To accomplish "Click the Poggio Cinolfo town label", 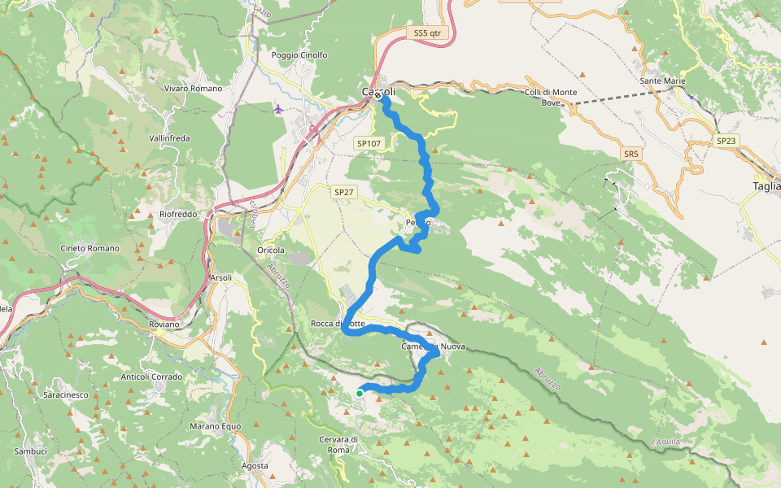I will tap(299, 55).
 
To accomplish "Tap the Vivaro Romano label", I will tap(193, 88).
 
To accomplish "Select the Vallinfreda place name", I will tap(169, 138).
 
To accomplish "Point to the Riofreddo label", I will tap(178, 215).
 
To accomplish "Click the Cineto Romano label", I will tap(89, 248).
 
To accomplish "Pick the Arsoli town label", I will tap(221, 277).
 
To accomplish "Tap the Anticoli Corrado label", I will tap(152, 377).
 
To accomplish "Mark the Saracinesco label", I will tap(65, 394).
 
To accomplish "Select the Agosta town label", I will tap(255, 466).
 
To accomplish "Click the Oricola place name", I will tap(270, 250).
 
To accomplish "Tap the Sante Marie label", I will tap(663, 81).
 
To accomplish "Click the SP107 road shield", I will tap(369, 143).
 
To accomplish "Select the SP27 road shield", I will tap(344, 192).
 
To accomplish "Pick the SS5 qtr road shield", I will tap(426, 33).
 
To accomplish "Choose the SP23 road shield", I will tap(726, 141).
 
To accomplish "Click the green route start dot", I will tap(360, 394).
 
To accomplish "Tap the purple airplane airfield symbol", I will tap(279, 109).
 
